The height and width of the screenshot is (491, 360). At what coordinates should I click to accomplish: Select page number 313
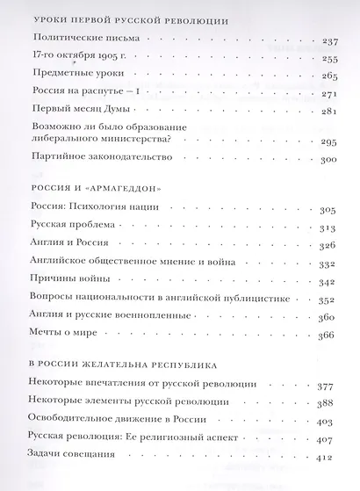click(329, 227)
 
